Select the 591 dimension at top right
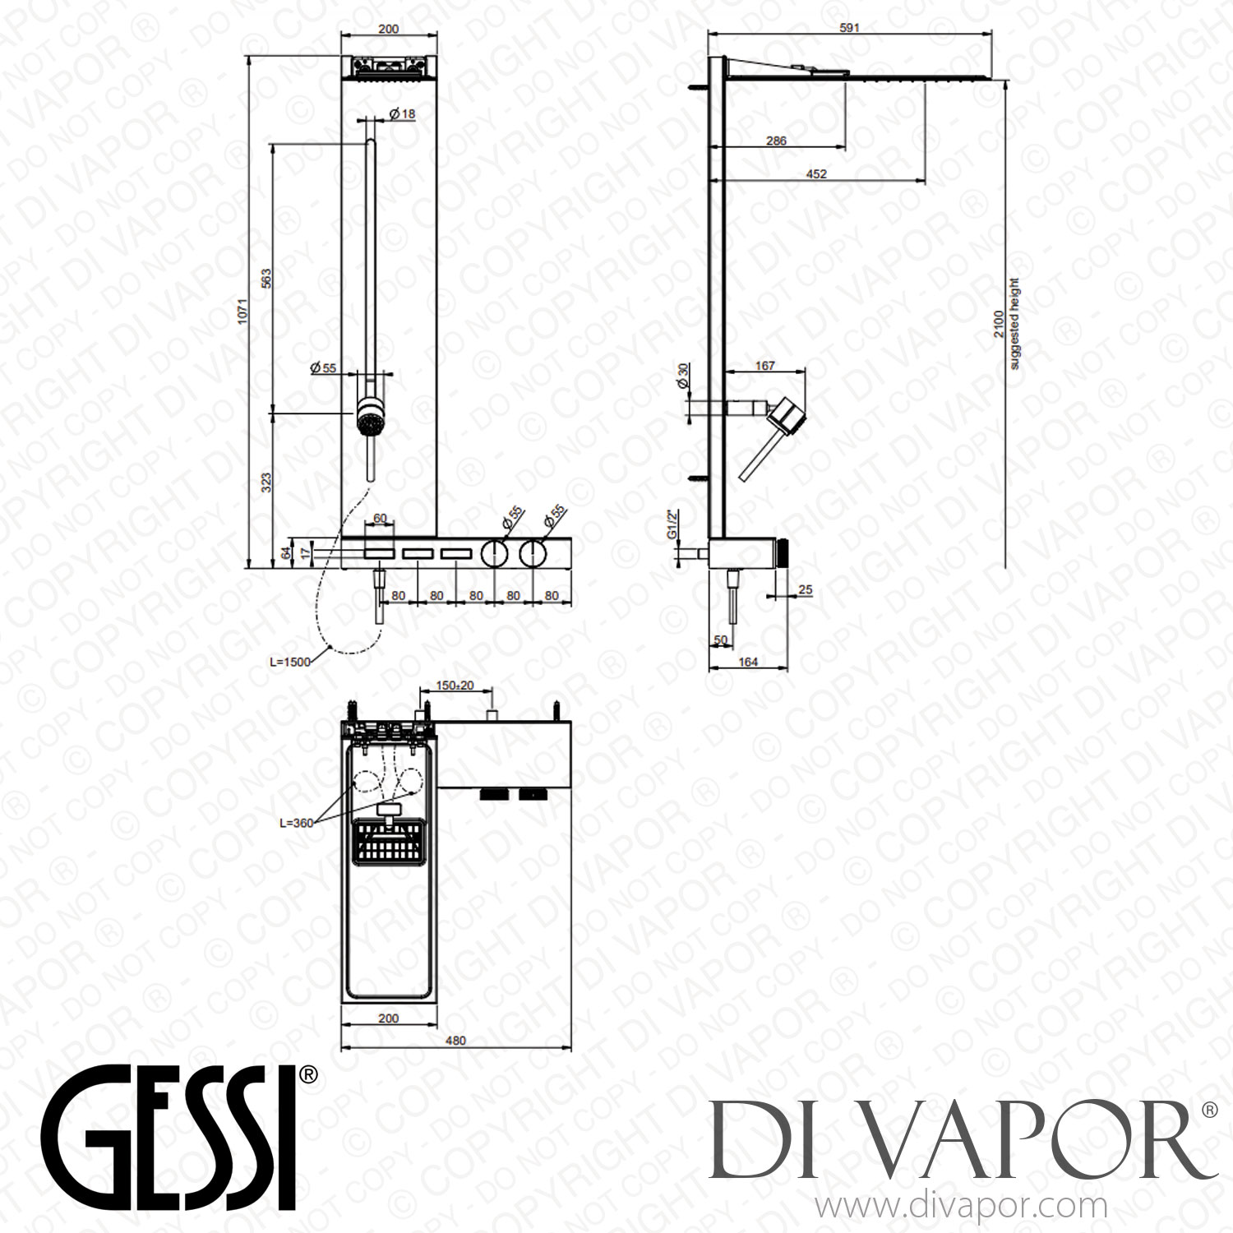(x=849, y=28)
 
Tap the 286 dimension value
(x=776, y=141)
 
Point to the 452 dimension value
(x=815, y=174)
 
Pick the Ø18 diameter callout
(x=402, y=114)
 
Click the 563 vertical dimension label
(x=266, y=279)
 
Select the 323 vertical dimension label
(x=266, y=483)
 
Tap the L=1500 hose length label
(x=289, y=662)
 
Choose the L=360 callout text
(x=297, y=823)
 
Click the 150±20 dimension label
(x=455, y=686)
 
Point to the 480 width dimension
(x=455, y=1041)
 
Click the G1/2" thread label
(x=672, y=524)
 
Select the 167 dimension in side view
(x=764, y=366)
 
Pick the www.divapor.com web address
(x=961, y=1207)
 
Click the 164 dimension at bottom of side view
(x=748, y=662)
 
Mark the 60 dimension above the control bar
(x=380, y=519)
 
